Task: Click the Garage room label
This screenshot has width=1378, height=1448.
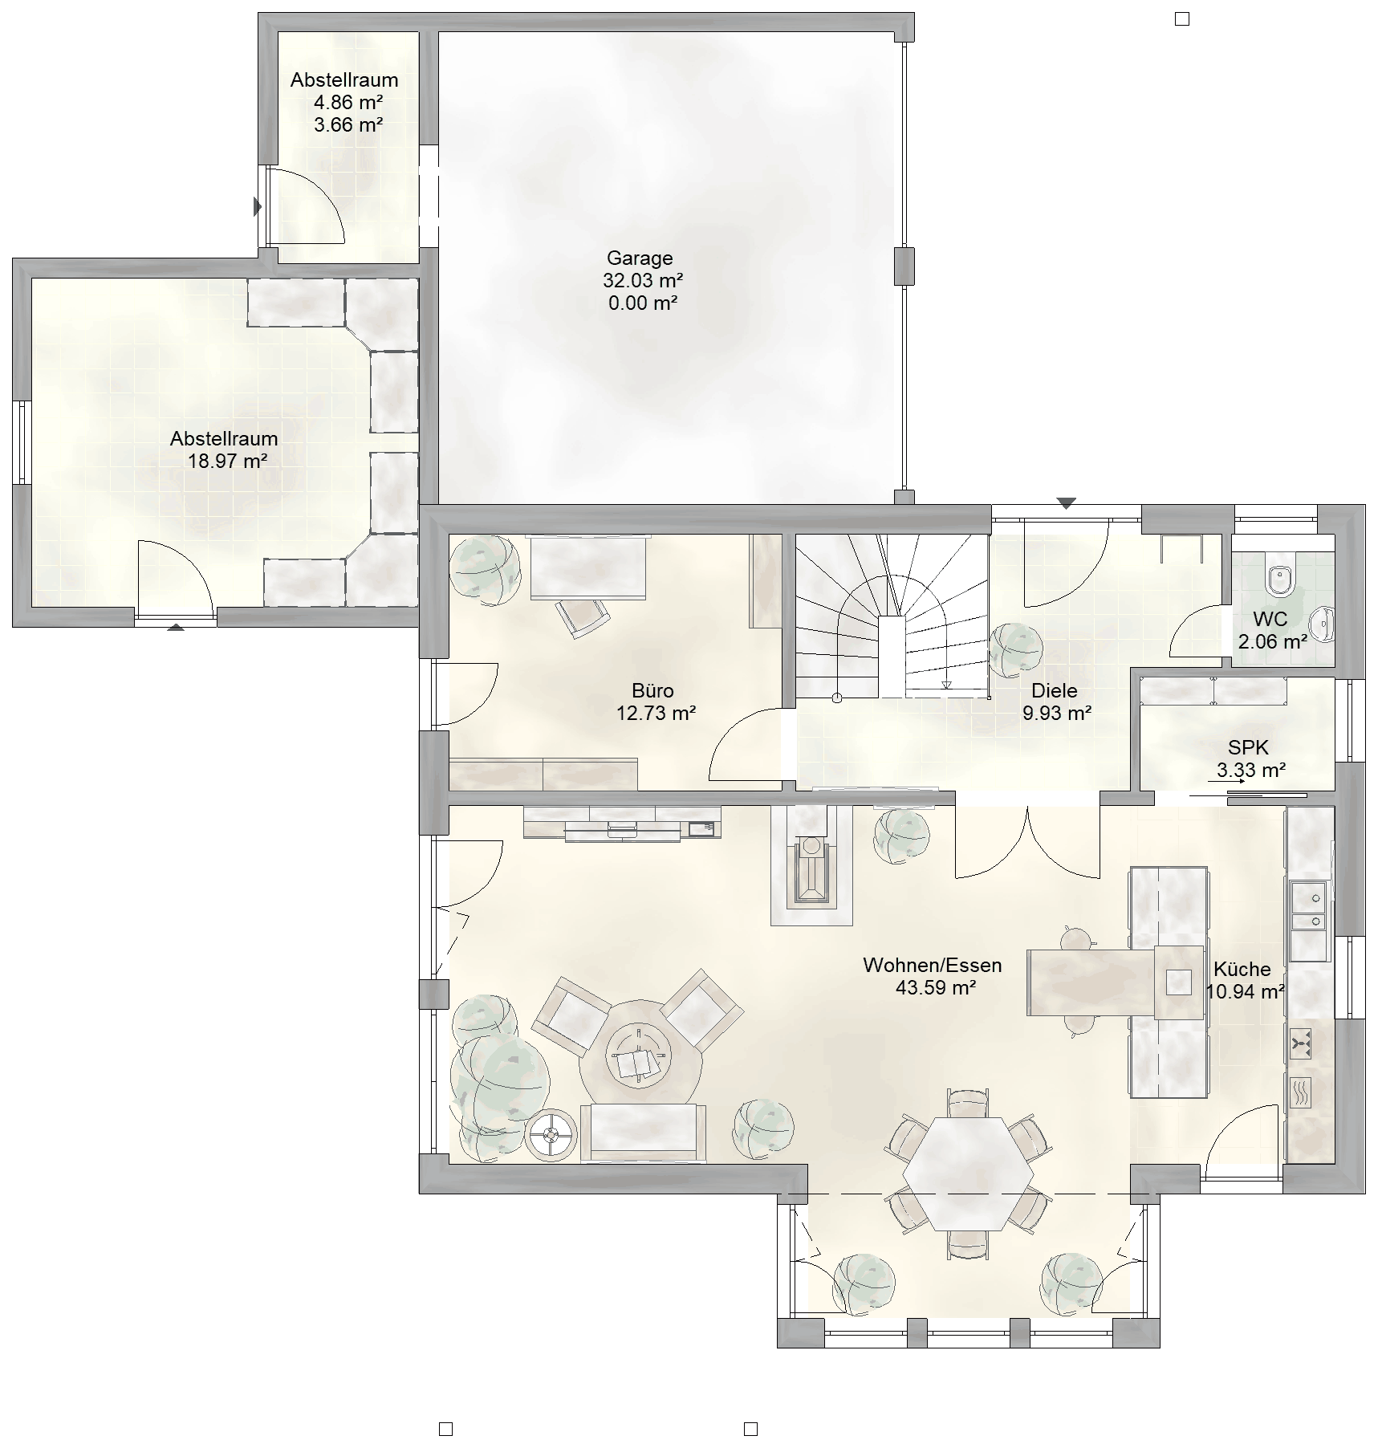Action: pyautogui.click(x=640, y=258)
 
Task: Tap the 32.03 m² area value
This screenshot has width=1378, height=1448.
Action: pyautogui.click(x=643, y=280)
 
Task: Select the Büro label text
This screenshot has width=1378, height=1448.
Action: pyautogui.click(x=652, y=690)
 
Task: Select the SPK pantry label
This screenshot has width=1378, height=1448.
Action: pyautogui.click(x=1249, y=747)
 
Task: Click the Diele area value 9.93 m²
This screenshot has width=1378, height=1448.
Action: pyautogui.click(x=1056, y=713)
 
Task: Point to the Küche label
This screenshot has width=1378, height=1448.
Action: pyautogui.click(x=1242, y=969)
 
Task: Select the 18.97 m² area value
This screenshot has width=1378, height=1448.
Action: pyautogui.click(x=227, y=461)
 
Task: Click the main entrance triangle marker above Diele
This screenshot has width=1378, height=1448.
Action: pyautogui.click(x=1066, y=504)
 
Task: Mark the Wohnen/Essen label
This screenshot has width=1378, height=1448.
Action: pyautogui.click(x=933, y=965)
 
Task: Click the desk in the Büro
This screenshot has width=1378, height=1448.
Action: pyautogui.click(x=589, y=567)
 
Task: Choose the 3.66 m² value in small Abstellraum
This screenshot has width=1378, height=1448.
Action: pyautogui.click(x=348, y=124)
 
